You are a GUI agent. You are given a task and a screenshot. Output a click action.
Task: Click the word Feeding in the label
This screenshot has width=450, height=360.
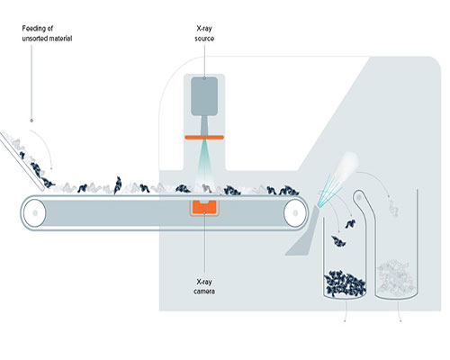point(34,29)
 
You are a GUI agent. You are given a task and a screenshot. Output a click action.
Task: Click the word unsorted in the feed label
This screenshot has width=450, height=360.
point(34,39)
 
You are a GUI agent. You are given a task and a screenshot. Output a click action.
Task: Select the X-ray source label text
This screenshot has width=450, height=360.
point(204,33)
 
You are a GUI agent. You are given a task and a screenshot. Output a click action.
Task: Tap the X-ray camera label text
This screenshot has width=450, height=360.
point(204,286)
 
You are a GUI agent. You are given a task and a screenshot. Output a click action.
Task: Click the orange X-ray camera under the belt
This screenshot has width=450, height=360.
point(204,207)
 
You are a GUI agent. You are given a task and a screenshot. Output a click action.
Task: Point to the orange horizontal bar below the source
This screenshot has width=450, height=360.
point(204,138)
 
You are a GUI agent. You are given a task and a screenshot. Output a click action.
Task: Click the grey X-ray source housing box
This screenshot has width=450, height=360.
point(204,96)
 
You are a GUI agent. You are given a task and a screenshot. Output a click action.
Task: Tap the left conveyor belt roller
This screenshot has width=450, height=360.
point(34,213)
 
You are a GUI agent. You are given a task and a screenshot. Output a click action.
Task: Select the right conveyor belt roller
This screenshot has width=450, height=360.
point(295,213)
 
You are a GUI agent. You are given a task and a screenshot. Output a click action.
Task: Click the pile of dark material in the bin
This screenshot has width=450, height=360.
point(345,283)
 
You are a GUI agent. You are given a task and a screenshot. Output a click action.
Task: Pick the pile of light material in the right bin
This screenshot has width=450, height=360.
point(395,277)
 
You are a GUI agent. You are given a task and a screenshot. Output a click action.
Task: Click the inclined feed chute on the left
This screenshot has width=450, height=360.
point(22,160)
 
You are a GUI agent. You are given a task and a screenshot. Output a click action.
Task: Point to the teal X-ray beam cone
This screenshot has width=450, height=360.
point(204,159)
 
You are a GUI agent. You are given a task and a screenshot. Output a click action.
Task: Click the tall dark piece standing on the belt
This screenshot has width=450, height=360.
point(118,185)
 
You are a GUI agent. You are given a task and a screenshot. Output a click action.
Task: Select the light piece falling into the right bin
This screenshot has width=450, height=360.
point(393,208)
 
